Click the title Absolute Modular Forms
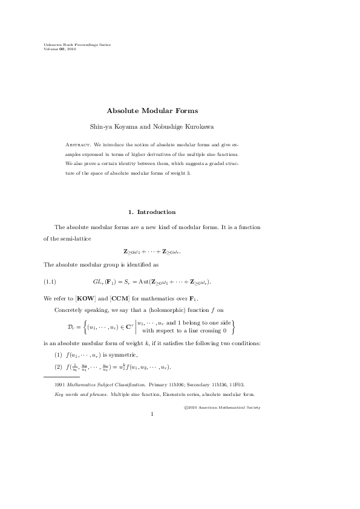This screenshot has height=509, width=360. tap(152, 111)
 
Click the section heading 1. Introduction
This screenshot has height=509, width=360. tap(152, 212)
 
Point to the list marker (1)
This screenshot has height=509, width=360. tap(58, 354)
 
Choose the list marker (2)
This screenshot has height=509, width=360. tap(58, 367)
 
